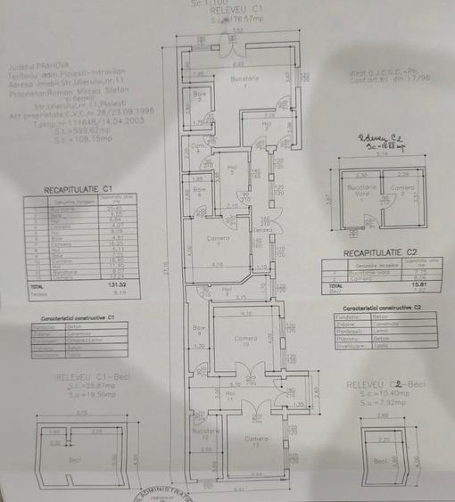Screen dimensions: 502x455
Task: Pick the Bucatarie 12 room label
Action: [204, 433]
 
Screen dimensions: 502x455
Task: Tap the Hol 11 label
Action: [230, 393]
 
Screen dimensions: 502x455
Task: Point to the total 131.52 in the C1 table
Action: [119, 284]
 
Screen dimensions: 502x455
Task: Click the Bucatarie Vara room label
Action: [360, 190]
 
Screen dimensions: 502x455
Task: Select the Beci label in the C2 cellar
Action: [381, 461]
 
